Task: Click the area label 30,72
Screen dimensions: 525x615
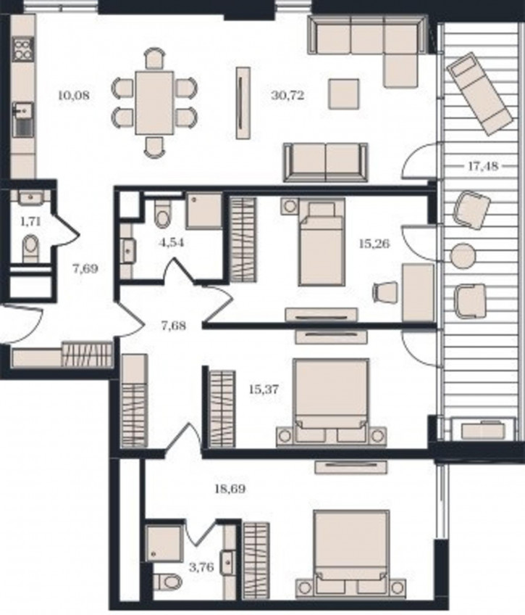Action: [287, 95]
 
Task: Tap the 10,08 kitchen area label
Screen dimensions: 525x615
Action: [74, 95]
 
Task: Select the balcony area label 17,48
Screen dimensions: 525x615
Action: [483, 166]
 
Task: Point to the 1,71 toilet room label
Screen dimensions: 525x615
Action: [30, 222]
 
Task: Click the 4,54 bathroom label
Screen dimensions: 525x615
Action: [171, 243]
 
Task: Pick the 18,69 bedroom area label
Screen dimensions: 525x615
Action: [230, 489]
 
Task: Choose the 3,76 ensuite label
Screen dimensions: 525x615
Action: [201, 567]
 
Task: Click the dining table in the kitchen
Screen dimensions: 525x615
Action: [154, 103]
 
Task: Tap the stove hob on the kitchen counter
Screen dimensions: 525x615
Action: [23, 49]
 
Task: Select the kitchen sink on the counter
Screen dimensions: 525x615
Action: [23, 119]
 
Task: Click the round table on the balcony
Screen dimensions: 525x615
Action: [463, 256]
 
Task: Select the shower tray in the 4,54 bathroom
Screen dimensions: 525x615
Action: [204, 210]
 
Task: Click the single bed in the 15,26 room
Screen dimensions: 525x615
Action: [322, 242]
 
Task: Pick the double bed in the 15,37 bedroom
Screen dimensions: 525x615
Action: [331, 400]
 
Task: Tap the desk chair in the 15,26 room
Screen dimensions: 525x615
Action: [385, 292]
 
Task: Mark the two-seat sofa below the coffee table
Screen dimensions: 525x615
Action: [326, 162]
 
